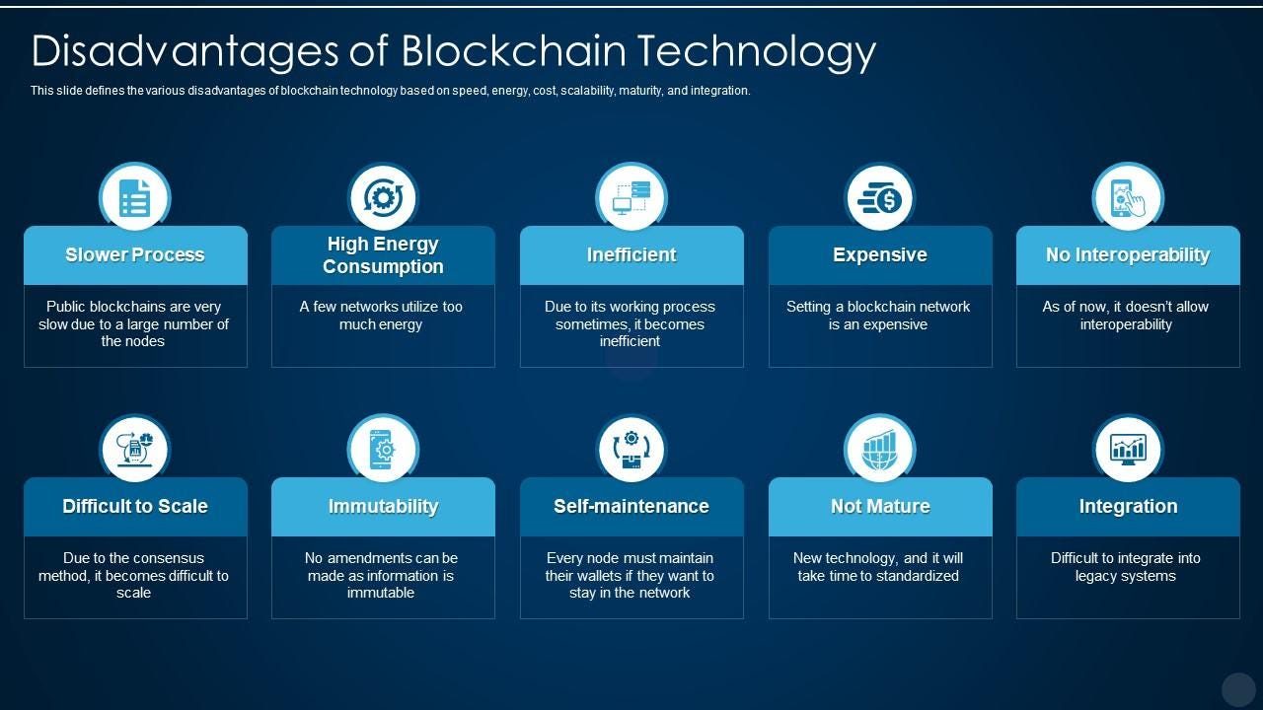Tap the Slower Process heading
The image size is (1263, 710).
[x=135, y=254]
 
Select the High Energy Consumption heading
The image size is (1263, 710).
[x=383, y=254]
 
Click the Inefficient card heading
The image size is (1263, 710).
[x=631, y=254]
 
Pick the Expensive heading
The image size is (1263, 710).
[x=880, y=254]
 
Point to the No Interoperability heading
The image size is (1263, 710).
[x=1128, y=254]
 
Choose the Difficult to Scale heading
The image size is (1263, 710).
[x=135, y=506]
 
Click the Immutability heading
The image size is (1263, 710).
[x=383, y=506]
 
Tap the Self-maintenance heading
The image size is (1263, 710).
[x=631, y=506]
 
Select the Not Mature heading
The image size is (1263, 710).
[x=880, y=506]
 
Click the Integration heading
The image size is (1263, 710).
[x=1128, y=506]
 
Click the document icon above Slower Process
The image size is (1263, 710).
[x=135, y=197]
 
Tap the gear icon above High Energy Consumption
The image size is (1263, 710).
[x=383, y=197]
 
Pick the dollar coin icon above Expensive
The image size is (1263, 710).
[x=880, y=198]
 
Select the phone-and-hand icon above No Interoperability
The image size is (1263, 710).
[x=1128, y=197]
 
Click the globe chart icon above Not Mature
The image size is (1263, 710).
[x=880, y=450]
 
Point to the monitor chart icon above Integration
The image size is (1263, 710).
[x=1128, y=450]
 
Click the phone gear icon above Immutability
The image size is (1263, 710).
[x=383, y=450]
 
